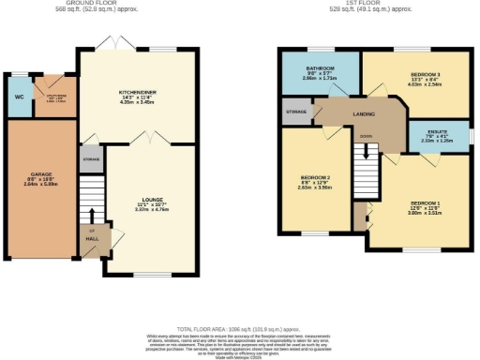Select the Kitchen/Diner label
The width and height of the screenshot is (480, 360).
[x=137, y=92]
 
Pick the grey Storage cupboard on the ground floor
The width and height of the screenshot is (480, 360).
[x=91, y=159]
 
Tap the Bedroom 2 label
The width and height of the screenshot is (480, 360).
[x=314, y=178]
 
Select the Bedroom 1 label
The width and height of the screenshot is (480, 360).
[x=424, y=202]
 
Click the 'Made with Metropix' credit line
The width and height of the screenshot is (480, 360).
[x=239, y=357]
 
